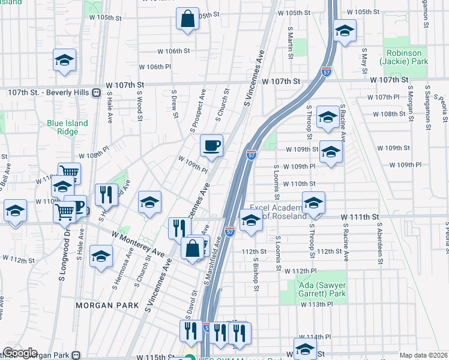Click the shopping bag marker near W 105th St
pyautogui.click(x=187, y=19)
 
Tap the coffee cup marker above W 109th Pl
pyautogui.click(x=211, y=145)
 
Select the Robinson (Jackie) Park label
pyautogui.click(x=403, y=57)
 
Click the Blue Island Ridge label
pyautogui.click(x=67, y=127)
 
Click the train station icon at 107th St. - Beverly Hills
pyautogui.click(x=95, y=92)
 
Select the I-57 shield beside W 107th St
pyautogui.click(x=327, y=71)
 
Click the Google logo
pyautogui.click(x=20, y=353)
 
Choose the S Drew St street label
pyautogui.click(x=175, y=103)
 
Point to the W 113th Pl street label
pyautogui.click(x=317, y=304)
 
